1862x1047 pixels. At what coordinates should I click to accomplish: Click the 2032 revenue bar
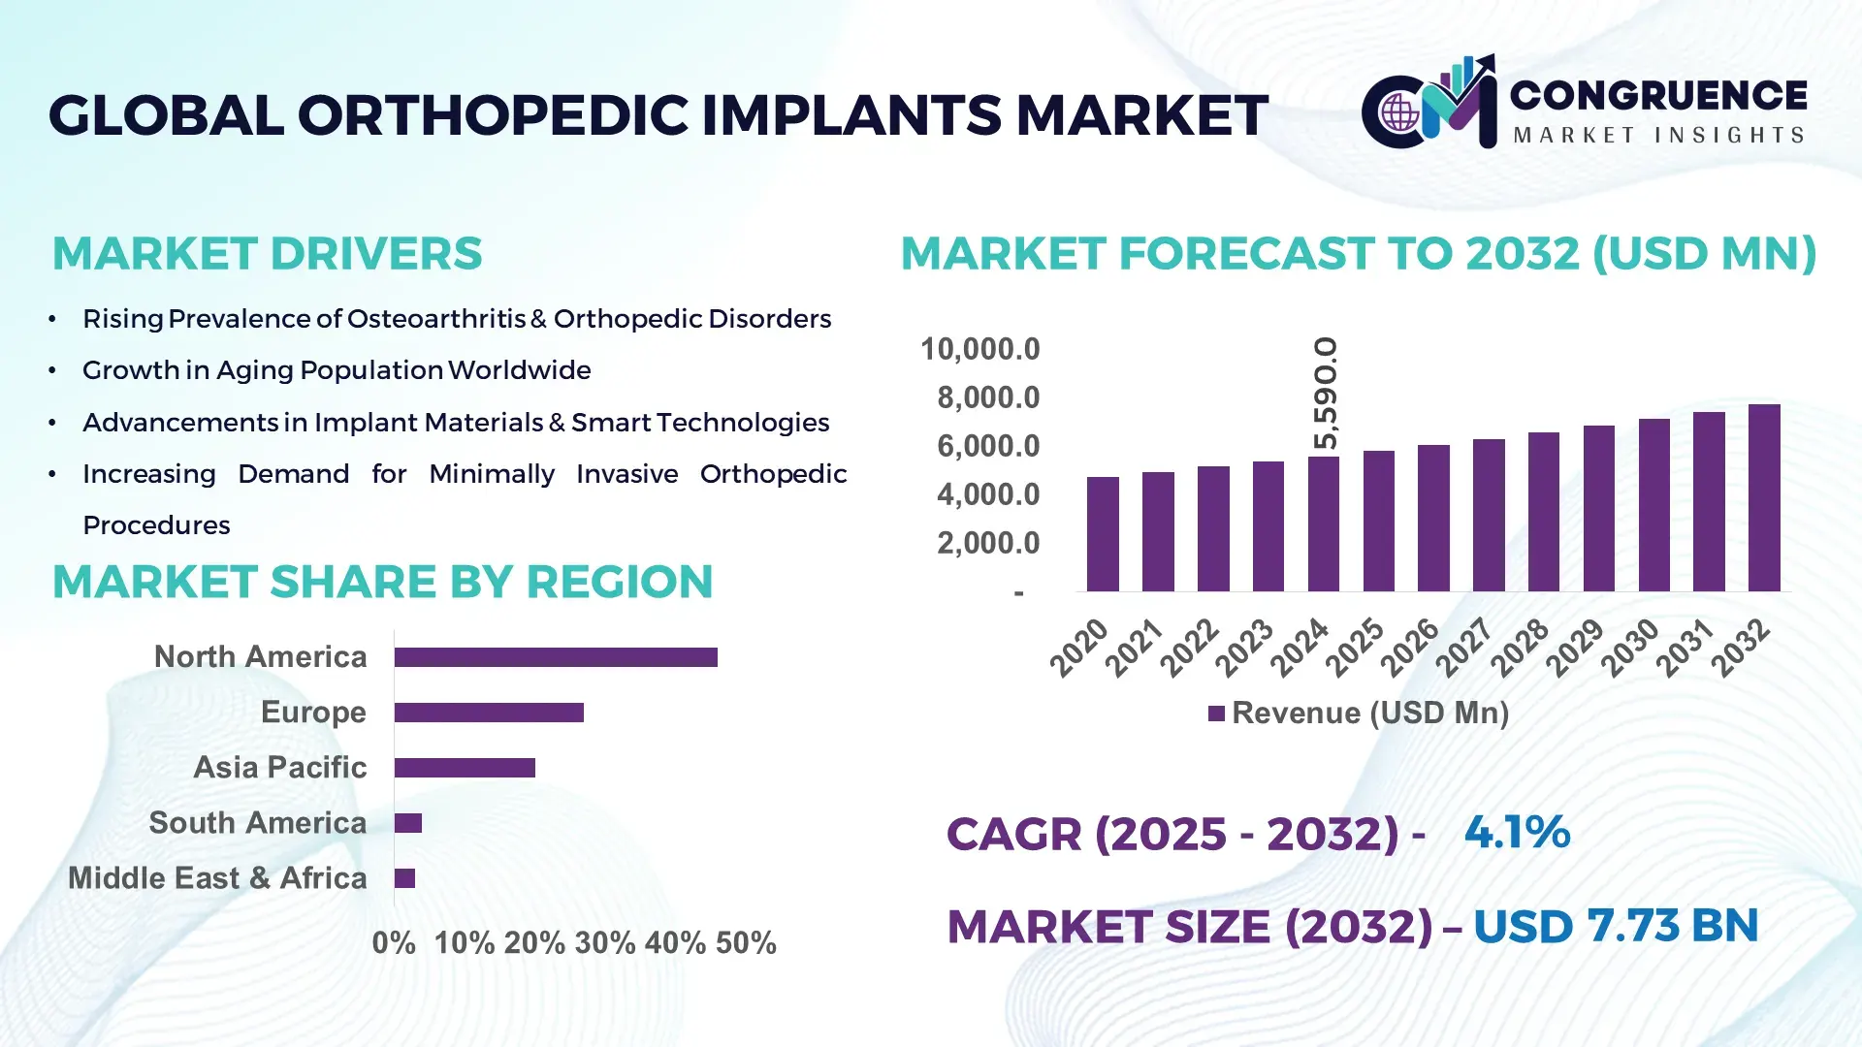pyautogui.click(x=1763, y=498)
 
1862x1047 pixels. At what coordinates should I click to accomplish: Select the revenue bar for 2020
pyautogui.click(x=1103, y=534)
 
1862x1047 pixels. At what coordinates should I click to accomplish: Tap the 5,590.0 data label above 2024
pyautogui.click(x=1325, y=394)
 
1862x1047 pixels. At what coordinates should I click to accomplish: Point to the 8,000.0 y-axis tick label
pyautogui.click(x=987, y=397)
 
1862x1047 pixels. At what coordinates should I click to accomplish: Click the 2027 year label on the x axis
pyautogui.click(x=1463, y=647)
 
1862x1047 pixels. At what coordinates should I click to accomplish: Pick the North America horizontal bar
pyautogui.click(x=556, y=657)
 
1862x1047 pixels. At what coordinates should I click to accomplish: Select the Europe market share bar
pyautogui.click(x=489, y=713)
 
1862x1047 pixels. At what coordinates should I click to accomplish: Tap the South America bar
pyautogui.click(x=408, y=823)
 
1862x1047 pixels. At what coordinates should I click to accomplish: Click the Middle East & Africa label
pyautogui.click(x=217, y=878)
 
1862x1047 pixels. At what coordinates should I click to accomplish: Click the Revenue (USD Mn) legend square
pyautogui.click(x=1216, y=714)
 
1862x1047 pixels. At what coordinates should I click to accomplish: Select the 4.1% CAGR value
pyautogui.click(x=1517, y=833)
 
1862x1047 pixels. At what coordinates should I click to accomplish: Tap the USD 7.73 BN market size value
pyautogui.click(x=1615, y=926)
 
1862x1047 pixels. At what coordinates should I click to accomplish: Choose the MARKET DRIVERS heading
pyautogui.click(x=267, y=254)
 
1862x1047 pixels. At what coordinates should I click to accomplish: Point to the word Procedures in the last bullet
pyautogui.click(x=156, y=525)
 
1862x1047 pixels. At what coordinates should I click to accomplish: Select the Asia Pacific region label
pyautogui.click(x=279, y=768)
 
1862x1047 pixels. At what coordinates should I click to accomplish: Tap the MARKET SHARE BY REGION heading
pyautogui.click(x=382, y=583)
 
